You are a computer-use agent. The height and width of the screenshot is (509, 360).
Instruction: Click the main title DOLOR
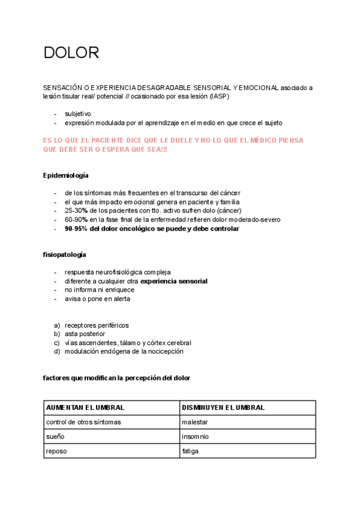pos(71,53)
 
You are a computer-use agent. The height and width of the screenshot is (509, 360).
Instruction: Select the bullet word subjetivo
pos(78,113)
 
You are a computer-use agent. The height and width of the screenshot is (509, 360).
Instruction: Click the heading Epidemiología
pos(66,175)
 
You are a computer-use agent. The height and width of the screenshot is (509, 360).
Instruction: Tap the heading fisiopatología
pos(64,254)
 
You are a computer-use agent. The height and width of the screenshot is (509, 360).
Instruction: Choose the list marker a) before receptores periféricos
pos(57,325)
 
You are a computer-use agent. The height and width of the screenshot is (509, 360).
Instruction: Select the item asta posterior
pos(85,334)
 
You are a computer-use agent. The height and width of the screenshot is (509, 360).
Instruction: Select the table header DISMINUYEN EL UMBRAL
pos(223,408)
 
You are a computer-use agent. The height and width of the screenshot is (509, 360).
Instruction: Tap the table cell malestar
pos(196,422)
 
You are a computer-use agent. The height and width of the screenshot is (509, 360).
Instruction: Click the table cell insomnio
pos(196,436)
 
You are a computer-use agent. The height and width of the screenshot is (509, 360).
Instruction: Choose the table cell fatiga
pos(190,451)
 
